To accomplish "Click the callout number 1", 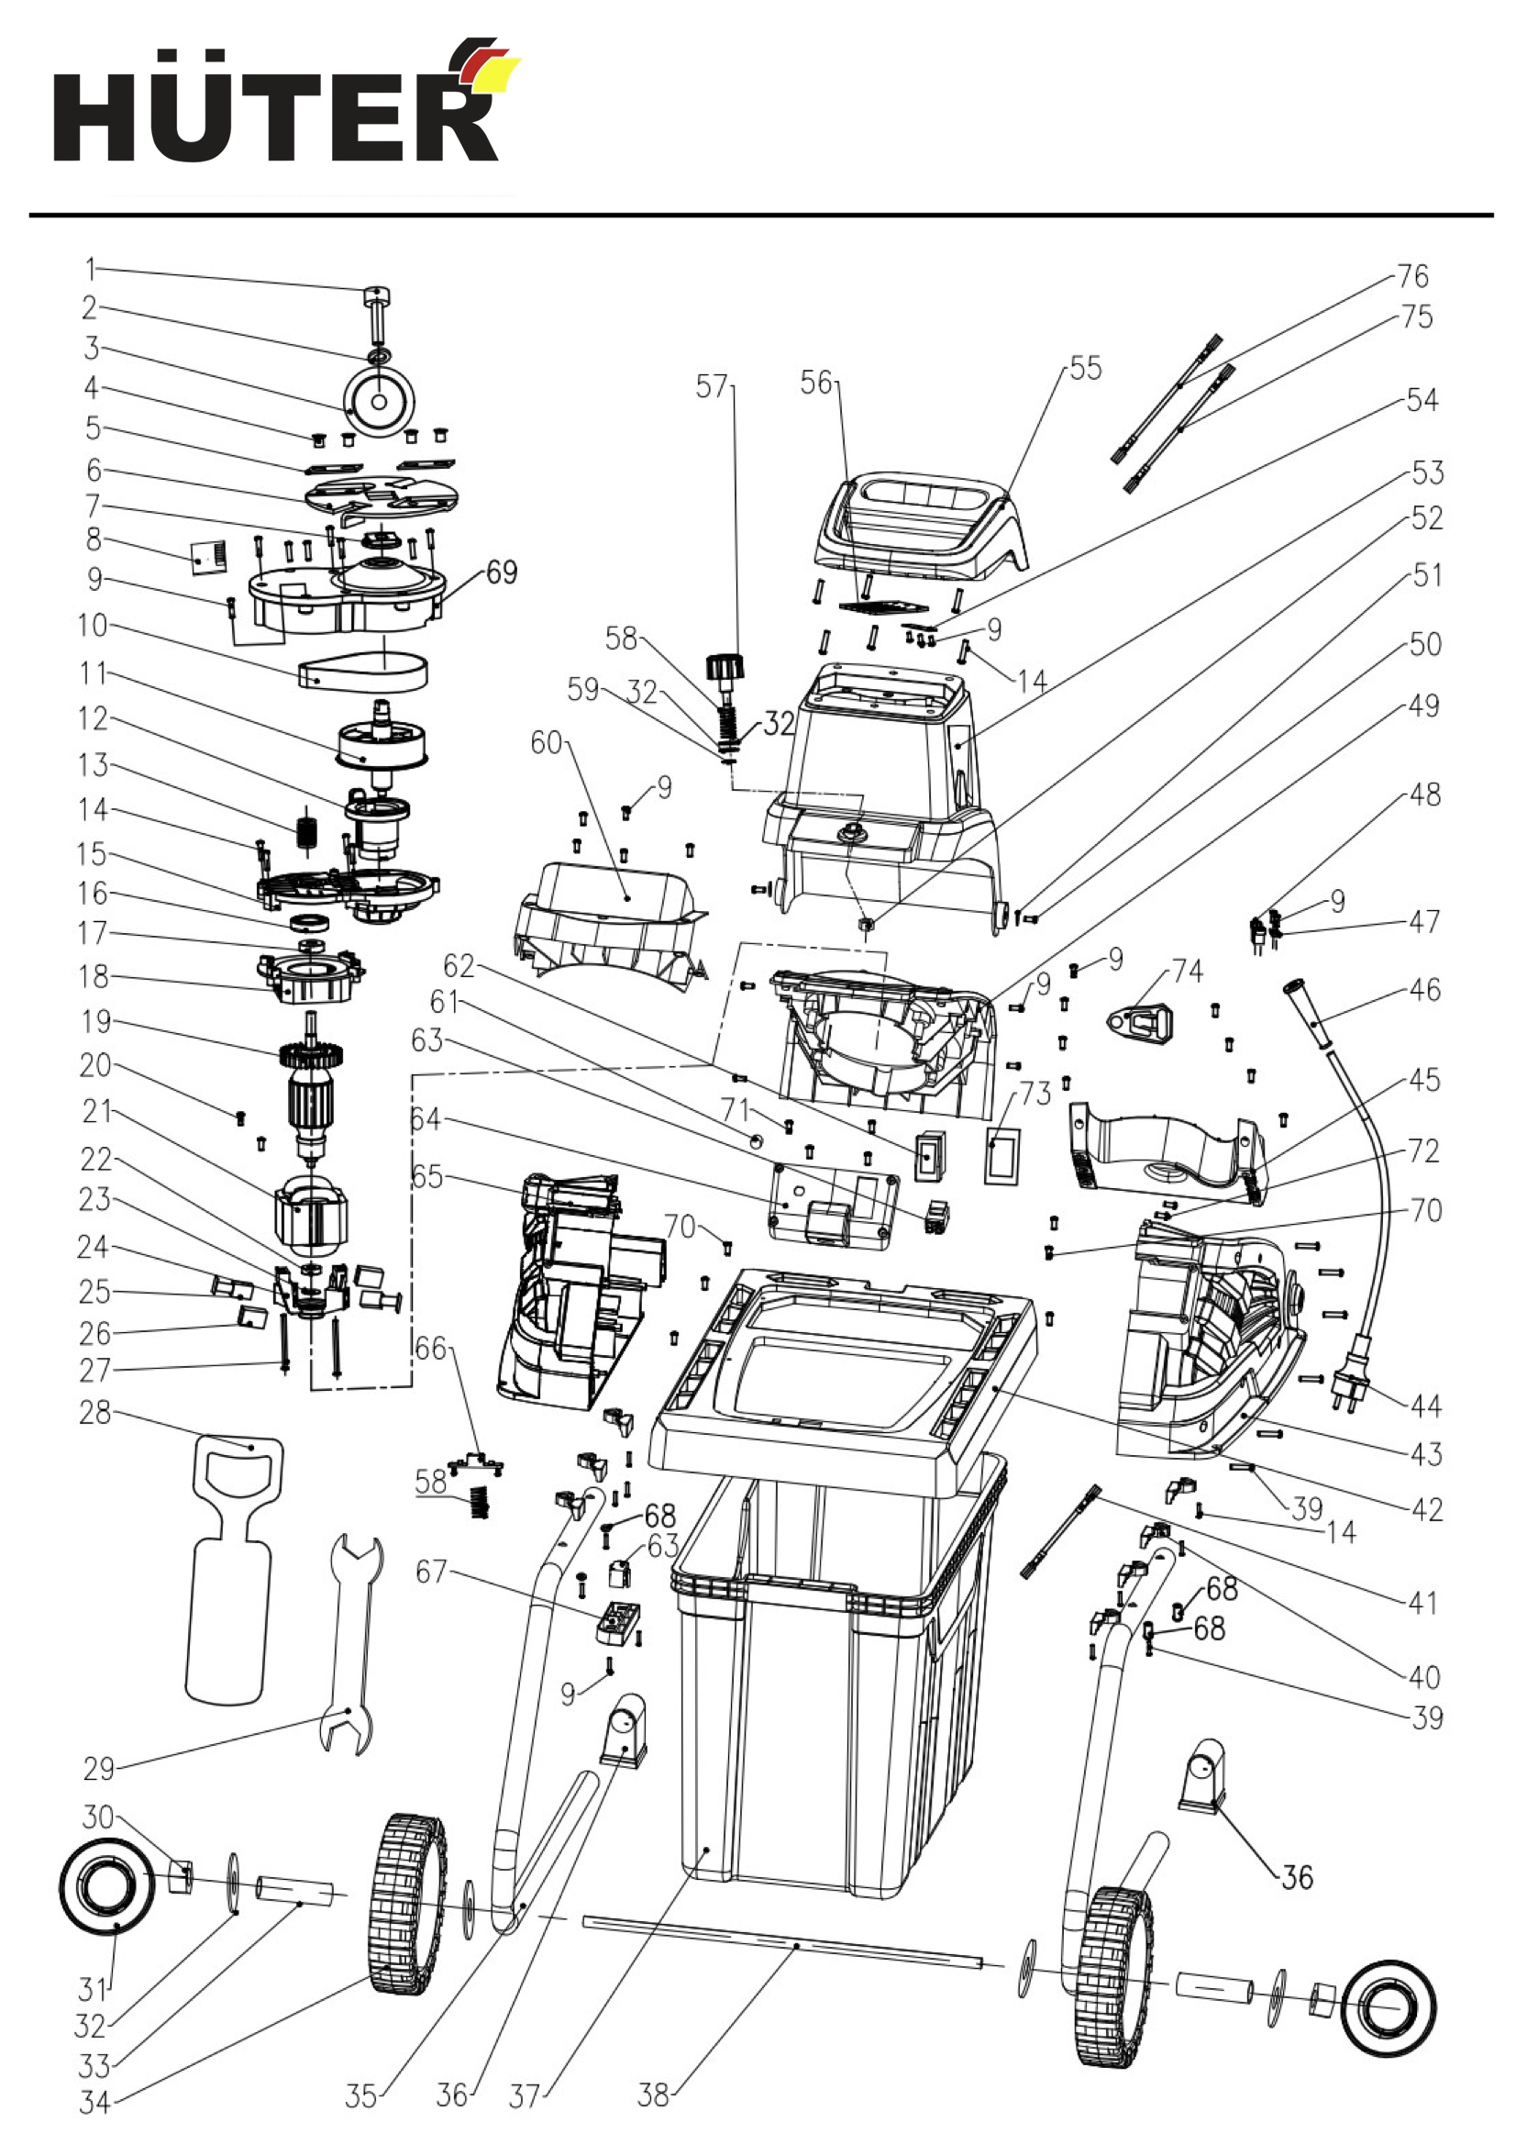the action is [91, 269].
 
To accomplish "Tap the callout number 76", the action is [1412, 275].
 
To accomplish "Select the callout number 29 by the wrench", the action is [99, 1769].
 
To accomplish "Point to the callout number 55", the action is [1085, 368].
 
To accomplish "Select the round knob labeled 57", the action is [726, 668].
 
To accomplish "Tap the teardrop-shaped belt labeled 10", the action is [363, 671].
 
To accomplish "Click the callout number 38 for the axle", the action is [653, 2095].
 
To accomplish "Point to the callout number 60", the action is [547, 743].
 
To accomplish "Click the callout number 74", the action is [1187, 972].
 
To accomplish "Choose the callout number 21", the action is [96, 1111].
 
